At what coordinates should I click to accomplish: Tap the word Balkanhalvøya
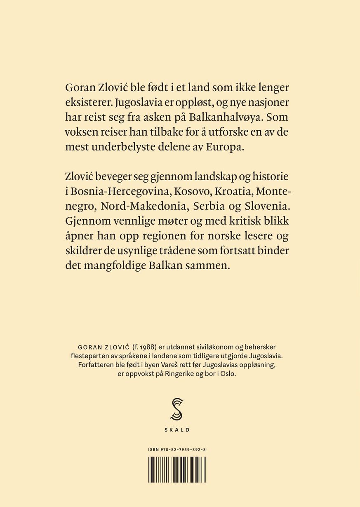pos(226,117)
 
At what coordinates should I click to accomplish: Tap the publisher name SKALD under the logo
pos(177,430)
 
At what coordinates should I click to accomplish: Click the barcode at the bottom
pos(177,469)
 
